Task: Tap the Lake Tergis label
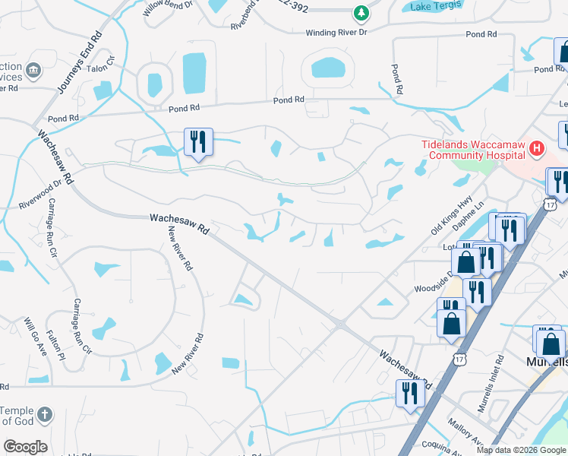pos(435,7)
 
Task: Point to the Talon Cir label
pos(105,65)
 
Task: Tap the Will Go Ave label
pos(36,337)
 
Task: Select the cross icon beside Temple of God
pos(46,415)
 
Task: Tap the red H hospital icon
pos(537,148)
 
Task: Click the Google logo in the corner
pos(26,447)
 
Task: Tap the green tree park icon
pos(362,13)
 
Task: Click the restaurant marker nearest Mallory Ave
pos(408,394)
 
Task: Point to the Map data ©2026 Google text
pos(521,450)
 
